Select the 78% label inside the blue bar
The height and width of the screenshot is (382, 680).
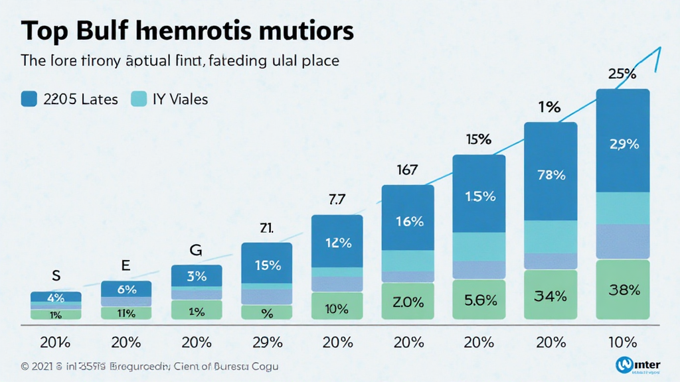pyautogui.click(x=551, y=176)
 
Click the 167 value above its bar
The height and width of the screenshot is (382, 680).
pyautogui.click(x=407, y=170)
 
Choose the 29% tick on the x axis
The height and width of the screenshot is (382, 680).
pyautogui.click(x=267, y=342)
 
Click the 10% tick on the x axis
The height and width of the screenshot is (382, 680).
pyautogui.click(x=622, y=342)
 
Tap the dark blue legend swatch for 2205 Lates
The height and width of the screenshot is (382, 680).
pyautogui.click(x=29, y=99)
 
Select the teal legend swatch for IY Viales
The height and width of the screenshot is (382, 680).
pyautogui.click(x=139, y=99)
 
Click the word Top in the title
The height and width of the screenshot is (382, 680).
pyautogui.click(x=44, y=32)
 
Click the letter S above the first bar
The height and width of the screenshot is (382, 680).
pyautogui.click(x=56, y=274)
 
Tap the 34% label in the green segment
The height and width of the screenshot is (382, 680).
pyautogui.click(x=551, y=296)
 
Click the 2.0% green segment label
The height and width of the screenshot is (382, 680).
pyautogui.click(x=408, y=302)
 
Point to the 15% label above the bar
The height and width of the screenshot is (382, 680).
pyautogui.click(x=478, y=140)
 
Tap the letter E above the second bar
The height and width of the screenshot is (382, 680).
pyautogui.click(x=126, y=265)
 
